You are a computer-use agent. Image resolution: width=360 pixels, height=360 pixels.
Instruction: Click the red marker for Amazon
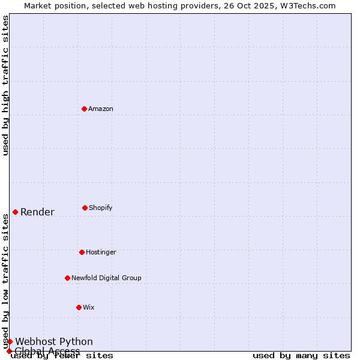[85, 109]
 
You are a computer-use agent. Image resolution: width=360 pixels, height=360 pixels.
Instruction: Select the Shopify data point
[85, 208]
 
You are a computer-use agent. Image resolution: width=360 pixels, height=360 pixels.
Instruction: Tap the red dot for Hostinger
[82, 252]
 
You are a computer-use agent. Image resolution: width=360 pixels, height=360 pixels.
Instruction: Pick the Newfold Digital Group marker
[67, 278]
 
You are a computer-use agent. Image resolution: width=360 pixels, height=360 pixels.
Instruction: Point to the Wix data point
[79, 307]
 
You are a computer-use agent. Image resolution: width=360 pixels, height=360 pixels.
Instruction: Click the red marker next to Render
[15, 212]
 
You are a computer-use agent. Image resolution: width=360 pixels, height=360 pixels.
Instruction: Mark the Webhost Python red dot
[10, 341]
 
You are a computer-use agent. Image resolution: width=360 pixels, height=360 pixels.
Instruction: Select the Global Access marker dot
[9, 351]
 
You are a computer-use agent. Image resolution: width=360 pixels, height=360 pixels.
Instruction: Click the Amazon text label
[101, 109]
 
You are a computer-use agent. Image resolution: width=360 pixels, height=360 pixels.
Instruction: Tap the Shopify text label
[101, 208]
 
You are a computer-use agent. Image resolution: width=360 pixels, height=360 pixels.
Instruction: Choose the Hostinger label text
[101, 252]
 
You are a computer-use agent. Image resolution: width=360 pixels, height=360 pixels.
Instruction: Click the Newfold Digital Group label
[106, 278]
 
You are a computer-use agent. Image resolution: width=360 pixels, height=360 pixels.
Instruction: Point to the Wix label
[89, 307]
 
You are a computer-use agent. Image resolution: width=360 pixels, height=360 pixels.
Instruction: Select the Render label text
[37, 212]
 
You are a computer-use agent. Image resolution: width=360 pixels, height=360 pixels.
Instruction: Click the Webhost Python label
[54, 341]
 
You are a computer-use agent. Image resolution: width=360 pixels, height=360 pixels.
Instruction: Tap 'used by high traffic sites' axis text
[5, 85]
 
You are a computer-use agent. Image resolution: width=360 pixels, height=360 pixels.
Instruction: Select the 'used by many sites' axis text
[301, 355]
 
